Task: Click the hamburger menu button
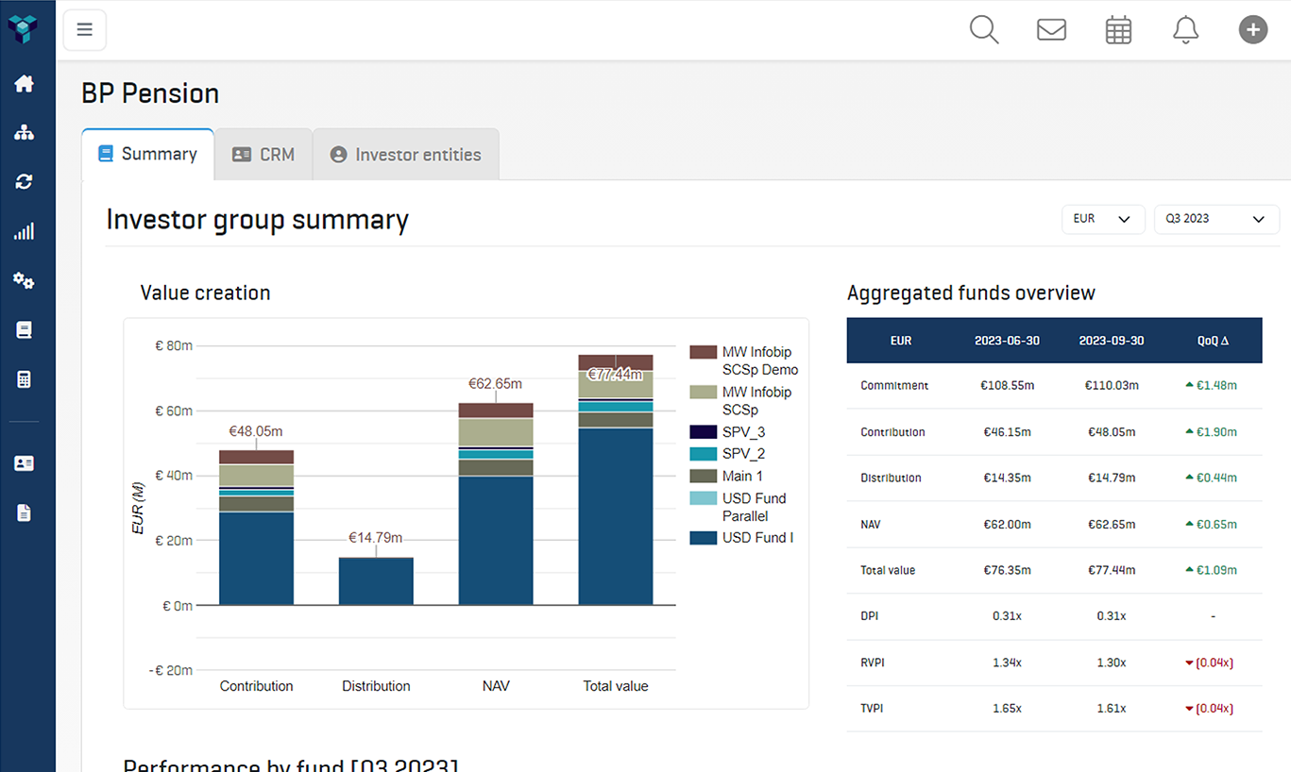[84, 29]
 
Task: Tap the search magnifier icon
[983, 29]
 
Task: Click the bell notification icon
[1185, 29]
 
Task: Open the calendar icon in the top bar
[1118, 30]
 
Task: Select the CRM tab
[263, 155]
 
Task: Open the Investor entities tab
[405, 155]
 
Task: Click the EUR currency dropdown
[1102, 219]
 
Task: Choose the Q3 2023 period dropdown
[1215, 219]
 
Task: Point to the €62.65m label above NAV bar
[495, 384]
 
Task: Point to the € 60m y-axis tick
[174, 411]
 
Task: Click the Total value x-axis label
[616, 686]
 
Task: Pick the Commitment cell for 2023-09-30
[1111, 385]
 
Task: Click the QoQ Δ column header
[1213, 341]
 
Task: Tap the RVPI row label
[873, 663]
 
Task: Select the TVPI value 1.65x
[1007, 709]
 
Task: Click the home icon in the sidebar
[25, 83]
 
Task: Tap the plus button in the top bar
[1252, 29]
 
